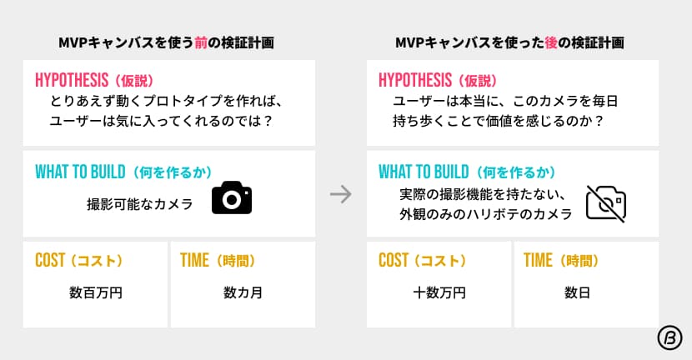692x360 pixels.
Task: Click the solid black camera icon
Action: [x=232, y=197]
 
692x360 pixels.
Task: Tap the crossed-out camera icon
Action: [x=606, y=203]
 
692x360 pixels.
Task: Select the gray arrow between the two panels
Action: [x=341, y=194]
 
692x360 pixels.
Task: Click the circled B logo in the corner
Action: [x=669, y=338]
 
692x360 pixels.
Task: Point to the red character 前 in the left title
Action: [x=201, y=42]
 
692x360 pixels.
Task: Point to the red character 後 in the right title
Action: [x=551, y=42]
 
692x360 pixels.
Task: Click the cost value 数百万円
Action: [x=96, y=292]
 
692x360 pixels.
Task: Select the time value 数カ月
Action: [x=243, y=292]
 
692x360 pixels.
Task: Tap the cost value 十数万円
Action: [x=439, y=292]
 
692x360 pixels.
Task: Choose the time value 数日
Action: [x=577, y=292]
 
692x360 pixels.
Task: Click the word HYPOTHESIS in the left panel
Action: [x=72, y=80]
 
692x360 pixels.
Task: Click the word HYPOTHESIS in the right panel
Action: [x=415, y=80]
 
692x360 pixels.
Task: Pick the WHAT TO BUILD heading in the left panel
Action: [x=80, y=172]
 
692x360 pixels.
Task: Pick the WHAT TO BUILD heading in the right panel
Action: [x=424, y=172]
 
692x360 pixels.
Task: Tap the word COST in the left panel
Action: [x=50, y=260]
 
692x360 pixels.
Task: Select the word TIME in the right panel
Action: [x=538, y=260]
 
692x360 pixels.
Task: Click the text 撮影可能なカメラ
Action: [x=140, y=204]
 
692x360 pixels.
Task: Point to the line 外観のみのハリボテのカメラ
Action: [x=485, y=214]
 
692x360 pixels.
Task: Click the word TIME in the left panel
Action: [x=194, y=260]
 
